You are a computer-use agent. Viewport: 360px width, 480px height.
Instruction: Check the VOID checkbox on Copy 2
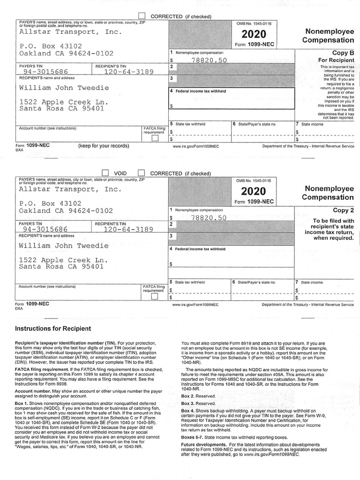[x=105, y=173]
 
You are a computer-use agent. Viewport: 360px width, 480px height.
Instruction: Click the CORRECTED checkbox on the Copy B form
[x=142, y=16]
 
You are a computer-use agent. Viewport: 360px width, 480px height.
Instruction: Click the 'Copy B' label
[x=343, y=53]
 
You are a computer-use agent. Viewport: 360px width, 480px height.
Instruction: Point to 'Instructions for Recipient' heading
[x=53, y=329]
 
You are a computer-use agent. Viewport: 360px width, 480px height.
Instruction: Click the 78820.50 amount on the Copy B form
[x=209, y=60]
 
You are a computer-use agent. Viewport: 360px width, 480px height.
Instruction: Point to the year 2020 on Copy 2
[x=254, y=191]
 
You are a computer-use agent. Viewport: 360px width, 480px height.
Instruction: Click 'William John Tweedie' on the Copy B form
[x=64, y=88]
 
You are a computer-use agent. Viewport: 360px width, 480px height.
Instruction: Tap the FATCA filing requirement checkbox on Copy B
[x=155, y=138]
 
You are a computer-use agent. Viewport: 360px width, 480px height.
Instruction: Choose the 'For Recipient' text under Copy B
[x=336, y=60]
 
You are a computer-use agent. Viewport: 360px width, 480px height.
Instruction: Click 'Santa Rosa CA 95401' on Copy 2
[x=61, y=267]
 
